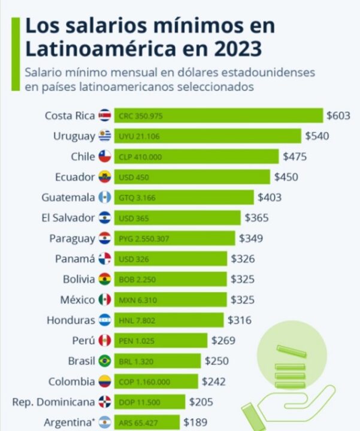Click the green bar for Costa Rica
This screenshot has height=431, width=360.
(x=218, y=116)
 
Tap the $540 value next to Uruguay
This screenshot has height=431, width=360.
(x=317, y=136)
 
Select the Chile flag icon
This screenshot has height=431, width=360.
(x=105, y=156)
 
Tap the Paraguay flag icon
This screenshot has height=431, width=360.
(x=105, y=238)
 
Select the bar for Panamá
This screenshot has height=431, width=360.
(x=170, y=259)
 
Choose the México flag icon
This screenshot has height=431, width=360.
(x=105, y=299)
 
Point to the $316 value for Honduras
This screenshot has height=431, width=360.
(x=240, y=320)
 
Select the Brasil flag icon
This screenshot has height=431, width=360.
(x=105, y=361)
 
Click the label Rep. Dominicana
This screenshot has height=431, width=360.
(x=53, y=402)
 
